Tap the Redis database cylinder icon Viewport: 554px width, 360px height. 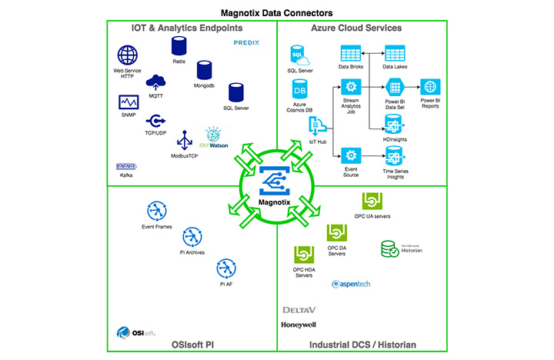(x=179, y=46)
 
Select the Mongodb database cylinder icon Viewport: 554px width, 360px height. (x=204, y=71)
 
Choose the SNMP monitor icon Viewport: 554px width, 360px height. (x=128, y=102)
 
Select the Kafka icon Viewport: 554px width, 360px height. (x=125, y=166)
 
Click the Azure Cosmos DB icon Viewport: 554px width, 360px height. (x=301, y=88)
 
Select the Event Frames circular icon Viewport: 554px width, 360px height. (x=156, y=211)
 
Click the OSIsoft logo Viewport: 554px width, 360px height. (x=136, y=332)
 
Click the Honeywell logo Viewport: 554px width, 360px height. (x=299, y=325)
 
